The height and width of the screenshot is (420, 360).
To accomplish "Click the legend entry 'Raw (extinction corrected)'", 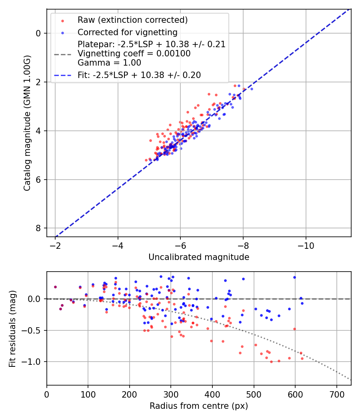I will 132,20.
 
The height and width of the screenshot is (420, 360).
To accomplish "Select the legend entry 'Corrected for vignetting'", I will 127,32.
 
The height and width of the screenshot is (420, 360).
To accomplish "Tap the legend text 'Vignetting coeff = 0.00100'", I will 134,54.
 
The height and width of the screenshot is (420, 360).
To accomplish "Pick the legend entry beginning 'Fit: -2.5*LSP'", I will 139,75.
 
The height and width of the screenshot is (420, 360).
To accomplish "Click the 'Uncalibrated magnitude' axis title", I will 199,257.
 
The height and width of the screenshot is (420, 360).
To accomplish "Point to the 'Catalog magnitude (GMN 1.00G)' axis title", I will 27,122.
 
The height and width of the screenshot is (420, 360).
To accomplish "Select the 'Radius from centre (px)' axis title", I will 199,406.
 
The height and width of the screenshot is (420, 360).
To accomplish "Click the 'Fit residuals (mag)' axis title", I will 12,329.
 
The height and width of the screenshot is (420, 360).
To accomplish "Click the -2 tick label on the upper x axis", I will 55,244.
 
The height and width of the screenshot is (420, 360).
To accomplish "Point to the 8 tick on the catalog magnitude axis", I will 38,228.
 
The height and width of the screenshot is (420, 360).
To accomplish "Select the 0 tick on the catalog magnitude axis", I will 38,33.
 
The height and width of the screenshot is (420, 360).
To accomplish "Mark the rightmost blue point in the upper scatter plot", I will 252,89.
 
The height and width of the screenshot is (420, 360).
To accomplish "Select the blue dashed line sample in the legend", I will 62,75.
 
